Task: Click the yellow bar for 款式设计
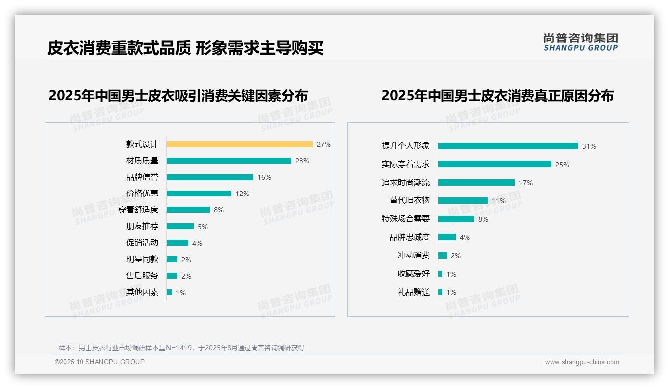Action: tap(239, 144)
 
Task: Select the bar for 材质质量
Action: tap(229, 161)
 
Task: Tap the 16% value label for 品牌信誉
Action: tap(264, 177)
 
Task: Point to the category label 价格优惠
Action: tap(142, 194)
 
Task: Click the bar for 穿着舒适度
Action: tap(188, 210)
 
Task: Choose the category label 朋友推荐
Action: tap(142, 226)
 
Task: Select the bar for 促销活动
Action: tap(177, 243)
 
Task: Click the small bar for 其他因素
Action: tap(169, 292)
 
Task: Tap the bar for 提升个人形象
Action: tap(508, 146)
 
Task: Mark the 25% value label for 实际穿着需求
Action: tap(562, 165)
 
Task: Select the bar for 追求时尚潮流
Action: tap(476, 183)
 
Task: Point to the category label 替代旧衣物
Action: tap(409, 200)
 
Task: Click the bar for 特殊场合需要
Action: tap(456, 219)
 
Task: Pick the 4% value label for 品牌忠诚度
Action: tap(464, 237)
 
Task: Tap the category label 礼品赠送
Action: tap(413, 292)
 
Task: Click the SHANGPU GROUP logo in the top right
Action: tap(580, 42)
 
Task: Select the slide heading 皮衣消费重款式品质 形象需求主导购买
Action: tap(186, 48)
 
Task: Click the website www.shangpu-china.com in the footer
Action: tap(582, 362)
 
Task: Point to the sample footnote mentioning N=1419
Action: tap(181, 348)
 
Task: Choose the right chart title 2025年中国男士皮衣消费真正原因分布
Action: tap(497, 96)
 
